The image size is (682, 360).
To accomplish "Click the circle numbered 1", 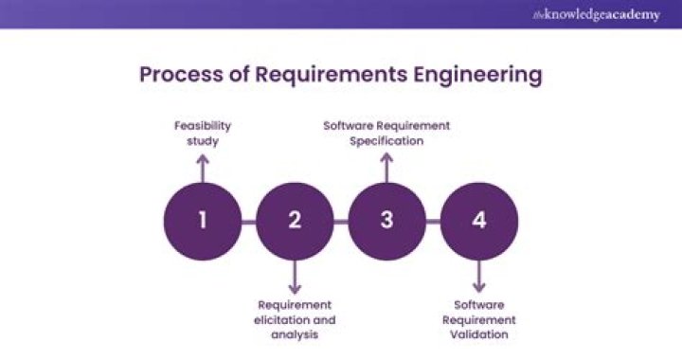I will [x=202, y=222].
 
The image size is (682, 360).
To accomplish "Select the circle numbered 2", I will [x=295, y=222].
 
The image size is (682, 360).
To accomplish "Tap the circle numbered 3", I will [x=386, y=222].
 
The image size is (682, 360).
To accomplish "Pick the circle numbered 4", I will [x=479, y=222].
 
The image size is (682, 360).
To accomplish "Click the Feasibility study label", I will [x=202, y=133].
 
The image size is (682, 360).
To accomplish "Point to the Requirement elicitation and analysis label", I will [x=295, y=319].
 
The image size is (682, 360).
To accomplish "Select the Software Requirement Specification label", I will [x=386, y=133].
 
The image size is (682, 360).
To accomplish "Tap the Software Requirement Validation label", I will [x=479, y=319].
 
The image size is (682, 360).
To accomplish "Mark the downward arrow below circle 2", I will [x=295, y=278].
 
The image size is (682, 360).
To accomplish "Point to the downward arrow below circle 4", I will [x=479, y=278].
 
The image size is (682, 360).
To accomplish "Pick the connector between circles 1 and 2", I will [x=248, y=222].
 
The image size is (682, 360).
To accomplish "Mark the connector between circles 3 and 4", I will [x=433, y=222].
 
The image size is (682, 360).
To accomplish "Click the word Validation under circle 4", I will [x=479, y=334].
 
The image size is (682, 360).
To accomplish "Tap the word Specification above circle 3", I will [x=386, y=140].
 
